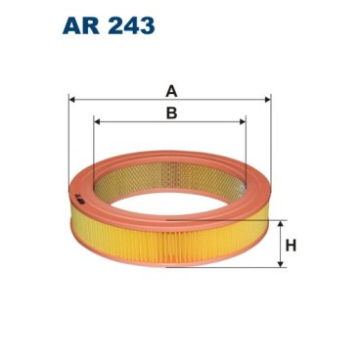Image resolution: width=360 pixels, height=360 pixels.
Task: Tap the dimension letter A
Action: [x=170, y=91]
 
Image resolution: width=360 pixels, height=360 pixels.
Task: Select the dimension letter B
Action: [x=170, y=113]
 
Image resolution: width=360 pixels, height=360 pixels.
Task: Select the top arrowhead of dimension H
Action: [x=284, y=225]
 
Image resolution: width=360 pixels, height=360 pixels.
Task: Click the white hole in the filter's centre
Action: [x=171, y=196]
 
